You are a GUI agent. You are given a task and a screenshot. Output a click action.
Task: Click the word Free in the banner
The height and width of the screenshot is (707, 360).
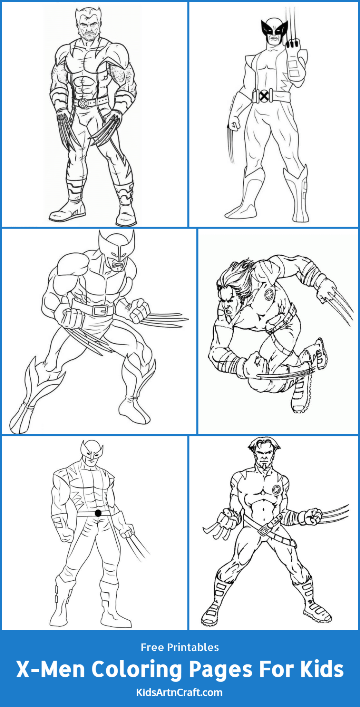pyautogui.click(x=152, y=647)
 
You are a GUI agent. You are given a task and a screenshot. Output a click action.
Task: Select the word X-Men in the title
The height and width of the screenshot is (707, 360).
pyautogui.click(x=51, y=669)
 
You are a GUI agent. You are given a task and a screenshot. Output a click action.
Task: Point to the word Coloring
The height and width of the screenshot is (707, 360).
pyautogui.click(x=136, y=669)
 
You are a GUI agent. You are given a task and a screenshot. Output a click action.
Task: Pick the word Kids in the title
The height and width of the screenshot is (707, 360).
pyautogui.click(x=322, y=669)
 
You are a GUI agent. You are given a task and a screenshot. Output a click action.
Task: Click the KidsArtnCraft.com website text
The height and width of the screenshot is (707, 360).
pyautogui.click(x=179, y=692)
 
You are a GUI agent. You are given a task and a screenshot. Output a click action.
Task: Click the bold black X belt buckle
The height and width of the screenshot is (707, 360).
pyautogui.click(x=264, y=96)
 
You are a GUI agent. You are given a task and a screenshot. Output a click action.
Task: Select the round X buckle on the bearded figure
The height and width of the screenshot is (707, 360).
pyautogui.click(x=83, y=103)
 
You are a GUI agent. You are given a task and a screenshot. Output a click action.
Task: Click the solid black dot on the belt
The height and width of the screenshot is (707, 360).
pyautogui.click(x=98, y=513)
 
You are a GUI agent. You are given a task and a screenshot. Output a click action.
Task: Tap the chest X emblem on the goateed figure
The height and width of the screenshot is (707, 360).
pyautogui.click(x=277, y=489)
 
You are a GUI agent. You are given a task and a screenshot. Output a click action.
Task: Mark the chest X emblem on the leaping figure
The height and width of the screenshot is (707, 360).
pyautogui.click(x=269, y=294)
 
